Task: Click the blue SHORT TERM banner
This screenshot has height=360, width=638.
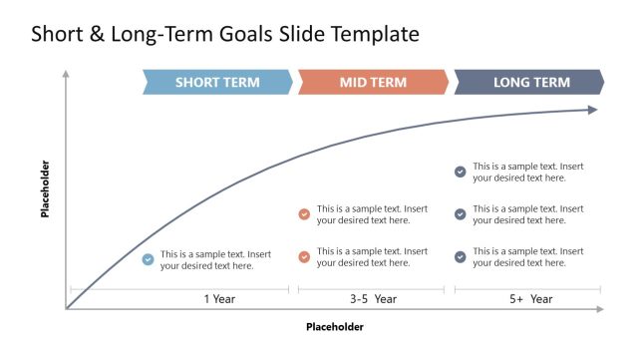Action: (217, 83)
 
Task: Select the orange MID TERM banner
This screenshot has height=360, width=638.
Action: (373, 83)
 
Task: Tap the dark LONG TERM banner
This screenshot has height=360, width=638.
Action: (530, 83)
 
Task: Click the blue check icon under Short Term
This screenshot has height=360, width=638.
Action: (148, 259)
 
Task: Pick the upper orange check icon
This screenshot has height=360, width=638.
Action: (304, 214)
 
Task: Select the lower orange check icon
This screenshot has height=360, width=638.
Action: (304, 257)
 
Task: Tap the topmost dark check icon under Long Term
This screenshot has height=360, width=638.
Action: (460, 172)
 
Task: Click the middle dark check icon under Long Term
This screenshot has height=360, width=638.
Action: (460, 214)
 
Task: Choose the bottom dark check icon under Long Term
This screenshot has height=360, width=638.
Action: (460, 257)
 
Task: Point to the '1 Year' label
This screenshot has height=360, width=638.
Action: (219, 299)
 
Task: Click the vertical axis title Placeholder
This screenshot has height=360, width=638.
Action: (45, 188)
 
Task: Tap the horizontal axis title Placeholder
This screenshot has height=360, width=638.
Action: (334, 327)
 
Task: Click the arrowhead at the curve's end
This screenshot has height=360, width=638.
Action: (593, 110)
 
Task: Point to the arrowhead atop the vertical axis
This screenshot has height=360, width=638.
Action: (66, 74)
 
